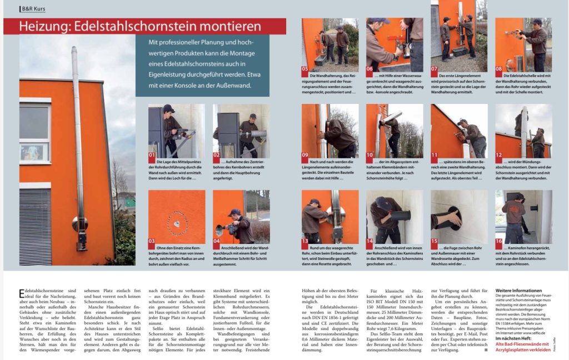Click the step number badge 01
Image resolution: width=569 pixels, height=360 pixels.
point(152,156)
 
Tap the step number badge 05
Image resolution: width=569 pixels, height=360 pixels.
point(306,69)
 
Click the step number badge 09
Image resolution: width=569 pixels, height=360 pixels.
point(306,155)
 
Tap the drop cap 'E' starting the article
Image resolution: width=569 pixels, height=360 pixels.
point(22,292)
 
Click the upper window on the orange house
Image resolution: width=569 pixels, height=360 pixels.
point(34,123)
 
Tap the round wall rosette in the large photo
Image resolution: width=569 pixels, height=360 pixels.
point(79,224)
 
